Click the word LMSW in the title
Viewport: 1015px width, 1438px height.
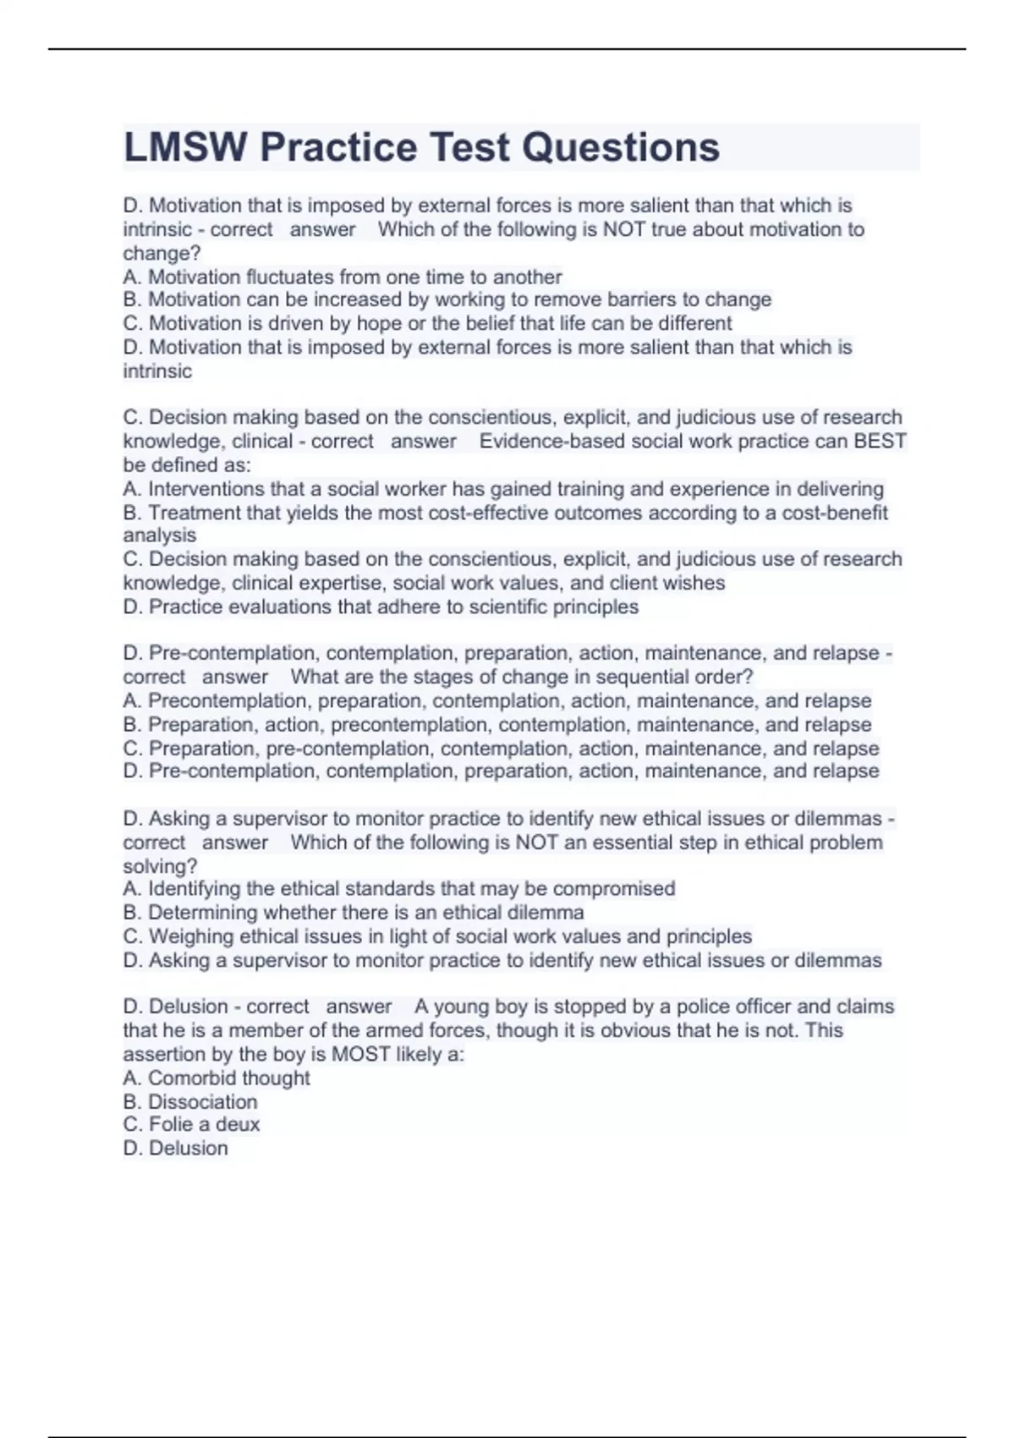coord(185,147)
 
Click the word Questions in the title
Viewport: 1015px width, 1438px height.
coord(620,147)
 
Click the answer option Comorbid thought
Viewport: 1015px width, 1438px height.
coord(217,1078)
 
